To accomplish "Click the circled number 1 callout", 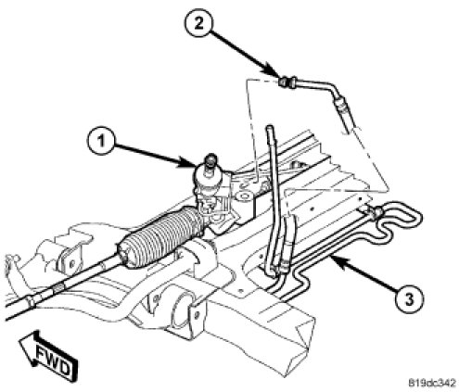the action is [101, 142].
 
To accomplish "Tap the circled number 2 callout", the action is [198, 23].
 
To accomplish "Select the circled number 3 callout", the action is [409, 299].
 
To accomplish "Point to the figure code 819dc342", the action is [432, 383].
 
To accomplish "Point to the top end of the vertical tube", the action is [270, 127].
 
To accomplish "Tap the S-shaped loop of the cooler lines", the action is [399, 221].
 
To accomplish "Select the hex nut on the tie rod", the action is [57, 289].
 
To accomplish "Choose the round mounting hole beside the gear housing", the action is [245, 196].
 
